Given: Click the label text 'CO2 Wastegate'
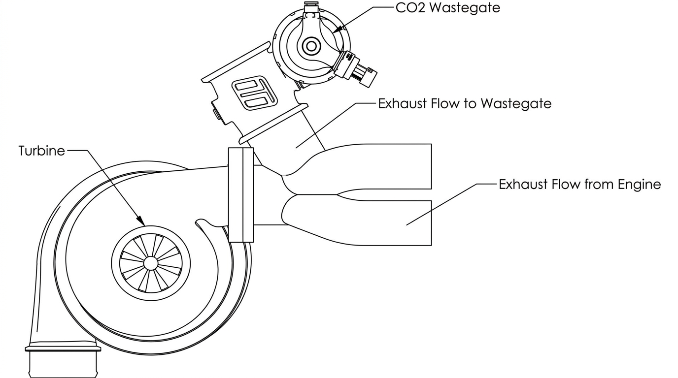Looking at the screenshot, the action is point(448,7).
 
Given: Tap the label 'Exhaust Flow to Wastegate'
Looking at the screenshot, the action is point(465,103).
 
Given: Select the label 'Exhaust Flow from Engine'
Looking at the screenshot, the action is point(579,184).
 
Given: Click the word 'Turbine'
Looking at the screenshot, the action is point(42,151).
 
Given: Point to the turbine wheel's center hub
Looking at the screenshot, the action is point(150,263).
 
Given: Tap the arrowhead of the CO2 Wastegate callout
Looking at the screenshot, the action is point(338,30).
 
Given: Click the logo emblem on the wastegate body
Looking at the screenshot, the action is point(254,93).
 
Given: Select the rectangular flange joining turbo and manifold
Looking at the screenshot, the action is point(240,195).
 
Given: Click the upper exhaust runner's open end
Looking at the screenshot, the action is point(431,167).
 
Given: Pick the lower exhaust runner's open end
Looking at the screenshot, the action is point(431,223).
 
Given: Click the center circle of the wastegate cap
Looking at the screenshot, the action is point(311,46).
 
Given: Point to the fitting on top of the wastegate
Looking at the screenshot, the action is point(311,7).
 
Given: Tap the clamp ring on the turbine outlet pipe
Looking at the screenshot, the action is point(63,348).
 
